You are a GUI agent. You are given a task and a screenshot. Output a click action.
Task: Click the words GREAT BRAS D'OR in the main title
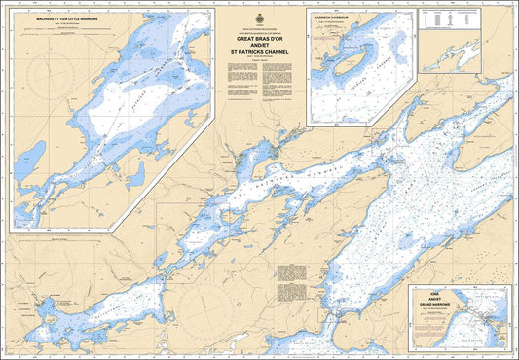pos(266,39)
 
